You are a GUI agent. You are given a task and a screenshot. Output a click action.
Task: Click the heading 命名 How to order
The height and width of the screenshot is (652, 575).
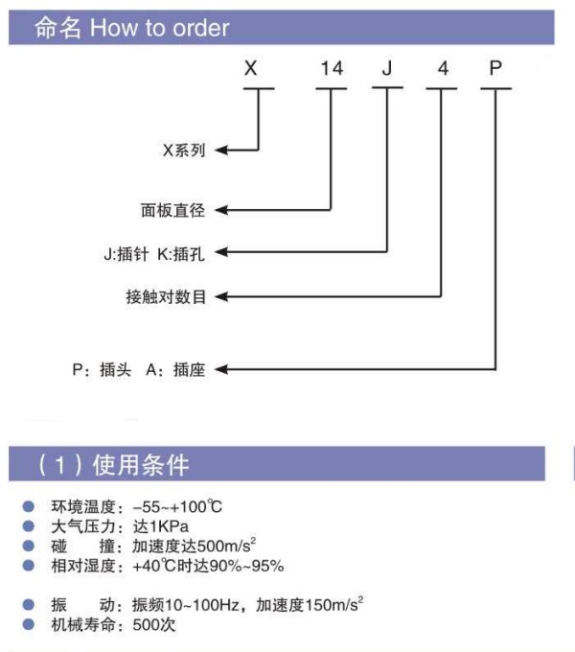tap(132, 28)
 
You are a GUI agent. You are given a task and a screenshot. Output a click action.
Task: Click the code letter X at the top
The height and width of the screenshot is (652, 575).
tap(251, 68)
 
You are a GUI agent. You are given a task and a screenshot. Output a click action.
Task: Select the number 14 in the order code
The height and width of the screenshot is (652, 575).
tap(331, 68)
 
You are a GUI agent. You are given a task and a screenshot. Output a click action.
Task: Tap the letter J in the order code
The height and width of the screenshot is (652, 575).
tap(386, 68)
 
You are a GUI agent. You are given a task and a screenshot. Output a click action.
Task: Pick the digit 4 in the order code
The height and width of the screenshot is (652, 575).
tap(442, 68)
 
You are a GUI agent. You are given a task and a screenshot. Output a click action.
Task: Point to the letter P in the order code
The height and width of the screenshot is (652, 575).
tap(494, 68)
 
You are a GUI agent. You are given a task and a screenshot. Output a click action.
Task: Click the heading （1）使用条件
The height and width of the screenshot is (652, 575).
tap(111, 465)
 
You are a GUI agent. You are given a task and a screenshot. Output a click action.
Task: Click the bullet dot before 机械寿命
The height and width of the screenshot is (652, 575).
tap(29, 625)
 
